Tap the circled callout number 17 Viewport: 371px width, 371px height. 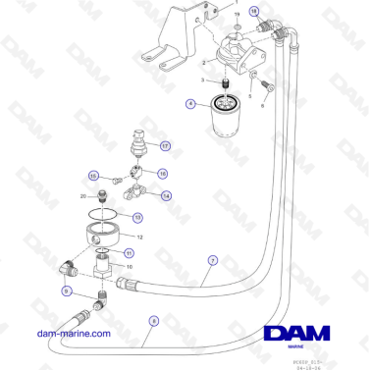(x=166, y=145)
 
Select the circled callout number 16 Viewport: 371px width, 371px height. (x=163, y=173)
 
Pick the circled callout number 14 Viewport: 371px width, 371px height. (x=166, y=195)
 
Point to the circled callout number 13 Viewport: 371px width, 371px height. (x=137, y=217)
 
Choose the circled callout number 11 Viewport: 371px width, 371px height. (x=128, y=252)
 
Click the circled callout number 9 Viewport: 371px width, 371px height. (x=66, y=291)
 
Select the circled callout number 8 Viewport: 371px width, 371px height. (x=153, y=320)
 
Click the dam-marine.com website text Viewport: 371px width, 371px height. (x=72, y=333)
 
